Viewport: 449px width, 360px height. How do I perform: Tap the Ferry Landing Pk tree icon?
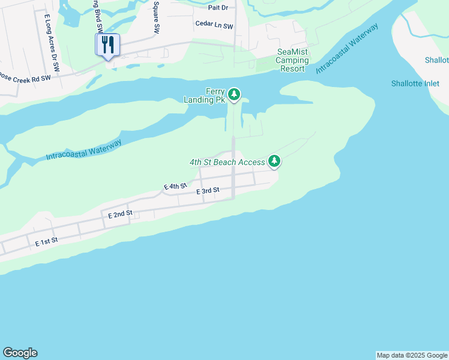coord(234,94)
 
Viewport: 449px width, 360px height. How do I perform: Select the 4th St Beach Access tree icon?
coord(274,161)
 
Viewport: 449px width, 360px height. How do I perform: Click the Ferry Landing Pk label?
coord(206,95)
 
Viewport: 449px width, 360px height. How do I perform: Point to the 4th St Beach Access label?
coord(227,163)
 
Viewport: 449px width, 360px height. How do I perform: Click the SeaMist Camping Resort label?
coord(293,61)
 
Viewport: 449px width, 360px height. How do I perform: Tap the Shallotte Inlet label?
coord(415,83)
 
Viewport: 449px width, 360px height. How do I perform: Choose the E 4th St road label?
coord(175,187)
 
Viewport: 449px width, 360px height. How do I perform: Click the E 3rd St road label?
coord(208,191)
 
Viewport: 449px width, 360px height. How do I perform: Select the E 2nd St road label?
coord(120,214)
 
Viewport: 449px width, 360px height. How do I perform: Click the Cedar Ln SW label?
coord(214,24)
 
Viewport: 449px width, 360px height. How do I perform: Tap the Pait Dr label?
coord(218,7)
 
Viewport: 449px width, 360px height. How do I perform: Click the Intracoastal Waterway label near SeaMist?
coord(347,49)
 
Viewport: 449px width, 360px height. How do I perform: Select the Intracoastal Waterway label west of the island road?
coord(84,149)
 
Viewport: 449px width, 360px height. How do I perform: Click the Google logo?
coord(20,353)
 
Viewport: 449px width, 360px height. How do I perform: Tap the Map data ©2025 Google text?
coord(412,355)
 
